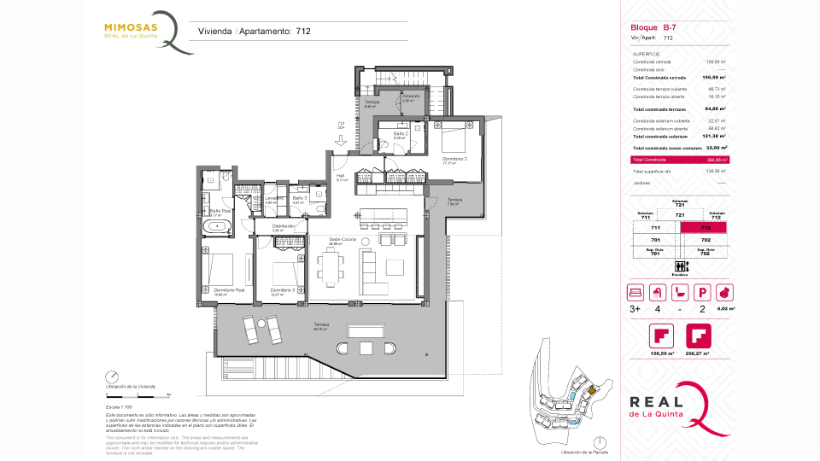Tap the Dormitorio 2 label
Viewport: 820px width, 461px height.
pyautogui.click(x=454, y=158)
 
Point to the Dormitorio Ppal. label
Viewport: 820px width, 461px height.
pyautogui.click(x=229, y=290)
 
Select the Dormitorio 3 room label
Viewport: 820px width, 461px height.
pyautogui.click(x=283, y=290)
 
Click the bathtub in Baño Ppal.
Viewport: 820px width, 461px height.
pyautogui.click(x=216, y=226)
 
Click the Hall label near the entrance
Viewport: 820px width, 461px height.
pyautogui.click(x=339, y=177)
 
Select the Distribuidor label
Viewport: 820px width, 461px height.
pyautogui.click(x=283, y=226)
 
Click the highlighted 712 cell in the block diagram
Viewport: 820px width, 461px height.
pyautogui.click(x=706, y=228)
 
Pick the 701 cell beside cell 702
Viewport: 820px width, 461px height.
pyautogui.click(x=656, y=241)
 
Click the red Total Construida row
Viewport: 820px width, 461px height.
pyautogui.click(x=679, y=160)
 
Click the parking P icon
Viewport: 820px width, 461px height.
pyautogui.click(x=702, y=292)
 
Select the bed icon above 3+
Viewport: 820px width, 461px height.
pyautogui.click(x=635, y=292)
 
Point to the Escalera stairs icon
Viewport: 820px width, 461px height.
pyautogui.click(x=680, y=266)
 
